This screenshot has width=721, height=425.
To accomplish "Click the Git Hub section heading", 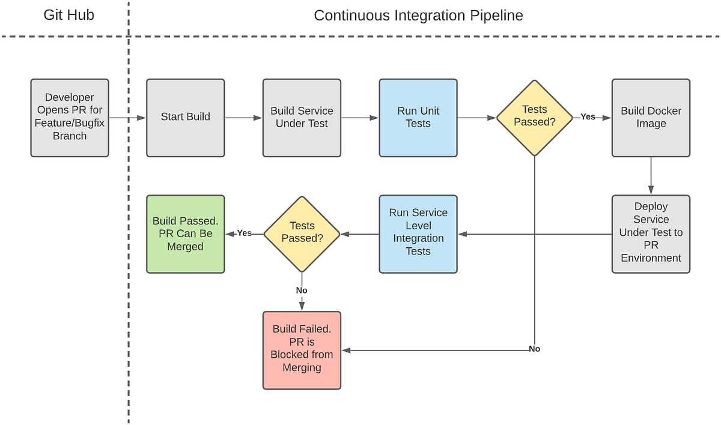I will click(x=68, y=15).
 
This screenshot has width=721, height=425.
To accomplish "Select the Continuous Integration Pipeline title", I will click(x=418, y=15).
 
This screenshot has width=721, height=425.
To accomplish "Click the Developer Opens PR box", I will click(x=70, y=118).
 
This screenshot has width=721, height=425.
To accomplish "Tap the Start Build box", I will click(x=185, y=118).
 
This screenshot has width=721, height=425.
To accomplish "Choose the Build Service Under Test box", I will click(x=302, y=118).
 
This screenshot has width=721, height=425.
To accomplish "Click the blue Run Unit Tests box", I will click(x=418, y=118).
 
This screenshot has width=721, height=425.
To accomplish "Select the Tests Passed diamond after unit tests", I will click(x=534, y=118).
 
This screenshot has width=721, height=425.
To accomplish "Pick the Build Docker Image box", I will click(x=651, y=118).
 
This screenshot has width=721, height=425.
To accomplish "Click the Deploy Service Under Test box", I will click(x=651, y=234).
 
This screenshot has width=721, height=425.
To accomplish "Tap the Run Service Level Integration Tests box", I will click(x=418, y=234).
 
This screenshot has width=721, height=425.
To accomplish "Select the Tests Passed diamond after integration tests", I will click(x=302, y=234).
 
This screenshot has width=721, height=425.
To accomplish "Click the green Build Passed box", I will click(x=185, y=234).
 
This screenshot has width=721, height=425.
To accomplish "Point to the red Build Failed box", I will click(x=302, y=350).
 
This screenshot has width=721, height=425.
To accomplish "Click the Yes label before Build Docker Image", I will click(x=588, y=117).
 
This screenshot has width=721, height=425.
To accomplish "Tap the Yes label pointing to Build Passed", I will click(x=244, y=233).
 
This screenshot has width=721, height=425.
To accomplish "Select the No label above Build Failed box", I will click(x=302, y=291).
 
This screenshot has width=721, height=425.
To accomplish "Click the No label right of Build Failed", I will click(x=534, y=349).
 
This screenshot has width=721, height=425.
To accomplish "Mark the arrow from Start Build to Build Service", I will click(x=243, y=118).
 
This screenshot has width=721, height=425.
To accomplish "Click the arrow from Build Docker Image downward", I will click(x=651, y=175).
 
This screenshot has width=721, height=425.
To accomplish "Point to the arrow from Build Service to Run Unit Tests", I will click(x=360, y=118).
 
